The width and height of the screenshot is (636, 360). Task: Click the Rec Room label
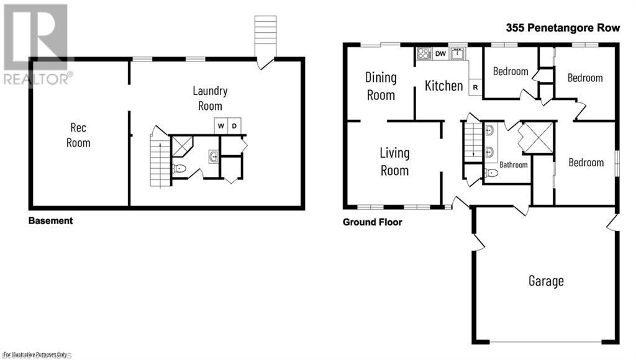pyautogui.click(x=79, y=135)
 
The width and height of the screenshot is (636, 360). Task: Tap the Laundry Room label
pyautogui.click(x=210, y=98)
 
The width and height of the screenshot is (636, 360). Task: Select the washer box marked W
pyautogui.click(x=220, y=126)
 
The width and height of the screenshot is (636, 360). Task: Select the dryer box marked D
pyautogui.click(x=234, y=126)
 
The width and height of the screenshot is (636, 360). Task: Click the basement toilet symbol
pyautogui.click(x=179, y=168)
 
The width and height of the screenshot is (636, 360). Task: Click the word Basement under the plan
pyautogui.click(x=50, y=220)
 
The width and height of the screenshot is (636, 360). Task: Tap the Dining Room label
pyautogui.click(x=381, y=86)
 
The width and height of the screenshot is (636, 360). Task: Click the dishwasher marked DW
pyautogui.click(x=440, y=54)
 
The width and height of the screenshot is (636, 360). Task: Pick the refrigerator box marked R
pyautogui.click(x=476, y=88)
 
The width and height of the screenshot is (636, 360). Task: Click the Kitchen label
pyautogui.click(x=443, y=86)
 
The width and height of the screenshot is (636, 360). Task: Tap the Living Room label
pyautogui.click(x=394, y=161)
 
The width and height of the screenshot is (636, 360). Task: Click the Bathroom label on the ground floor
pyautogui.click(x=514, y=165)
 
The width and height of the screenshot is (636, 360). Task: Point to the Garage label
pyautogui.click(x=546, y=281)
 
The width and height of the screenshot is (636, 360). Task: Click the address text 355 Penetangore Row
pyautogui.click(x=565, y=29)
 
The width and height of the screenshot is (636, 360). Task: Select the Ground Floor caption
pyautogui.click(x=372, y=222)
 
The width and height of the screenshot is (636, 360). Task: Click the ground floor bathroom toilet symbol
pyautogui.click(x=491, y=173)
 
